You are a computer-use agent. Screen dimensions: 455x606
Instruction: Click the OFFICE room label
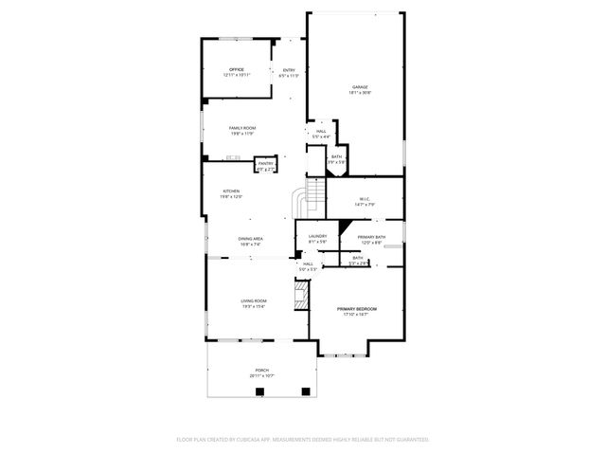(237, 69)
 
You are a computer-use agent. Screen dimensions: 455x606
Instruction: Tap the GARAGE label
(361, 87)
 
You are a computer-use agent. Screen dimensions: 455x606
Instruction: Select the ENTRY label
(290, 69)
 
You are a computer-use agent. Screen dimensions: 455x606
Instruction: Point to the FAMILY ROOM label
(242, 128)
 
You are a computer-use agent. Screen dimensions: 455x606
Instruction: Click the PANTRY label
(266, 163)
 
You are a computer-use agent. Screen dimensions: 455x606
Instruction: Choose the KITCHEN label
(231, 191)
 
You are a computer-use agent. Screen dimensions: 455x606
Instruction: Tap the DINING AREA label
(250, 238)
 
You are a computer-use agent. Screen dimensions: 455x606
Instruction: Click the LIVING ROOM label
(254, 300)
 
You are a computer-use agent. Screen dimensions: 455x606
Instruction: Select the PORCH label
(261, 370)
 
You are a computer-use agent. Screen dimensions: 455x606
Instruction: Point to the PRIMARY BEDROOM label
(357, 309)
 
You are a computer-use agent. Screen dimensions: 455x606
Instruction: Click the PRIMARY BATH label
(371, 237)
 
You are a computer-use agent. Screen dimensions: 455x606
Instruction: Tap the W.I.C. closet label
(365, 198)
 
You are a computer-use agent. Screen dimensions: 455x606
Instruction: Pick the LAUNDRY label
(317, 236)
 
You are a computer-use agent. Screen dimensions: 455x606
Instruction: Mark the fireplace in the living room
(302, 295)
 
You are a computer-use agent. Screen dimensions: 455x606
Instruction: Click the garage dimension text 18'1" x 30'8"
(361, 93)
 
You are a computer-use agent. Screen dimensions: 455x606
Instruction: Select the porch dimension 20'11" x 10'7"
(261, 375)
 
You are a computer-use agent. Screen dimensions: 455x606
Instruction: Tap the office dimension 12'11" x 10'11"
(237, 75)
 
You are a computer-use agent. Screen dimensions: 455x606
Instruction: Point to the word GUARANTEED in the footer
(411, 440)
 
